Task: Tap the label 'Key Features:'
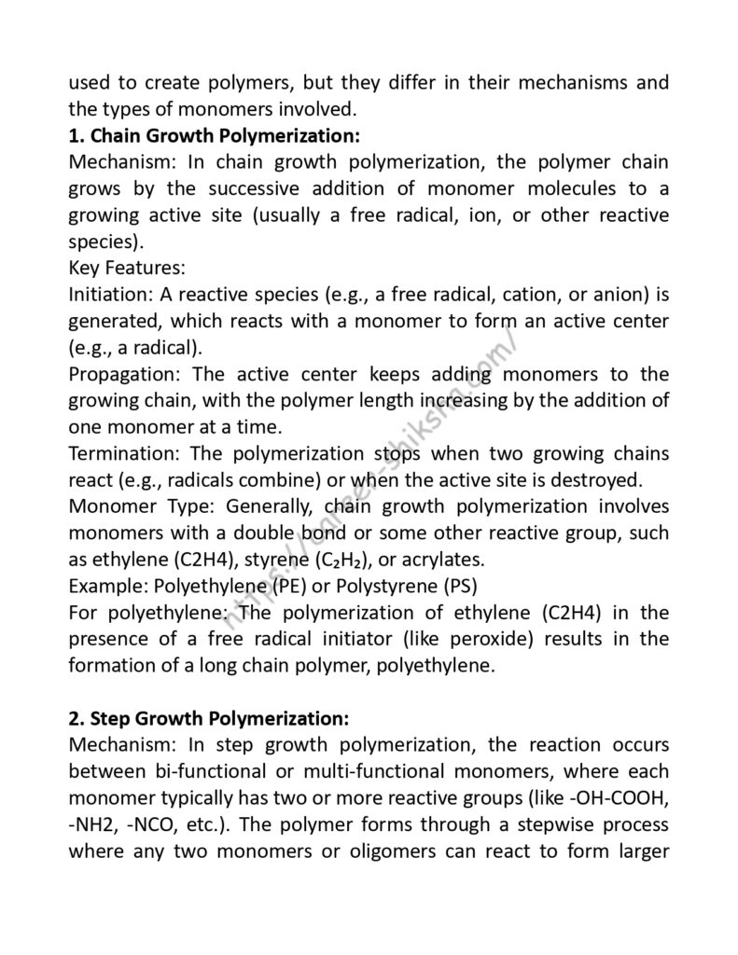pyautogui.click(x=128, y=269)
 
